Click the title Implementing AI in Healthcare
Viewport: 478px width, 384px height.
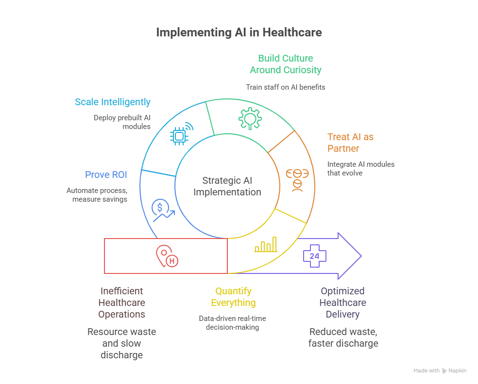pos(239,32)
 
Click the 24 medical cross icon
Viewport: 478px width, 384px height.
pos(314,256)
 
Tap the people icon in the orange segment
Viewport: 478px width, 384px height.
pos(297,180)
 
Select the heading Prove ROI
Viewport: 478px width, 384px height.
pos(106,175)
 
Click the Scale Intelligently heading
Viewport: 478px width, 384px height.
pos(113,102)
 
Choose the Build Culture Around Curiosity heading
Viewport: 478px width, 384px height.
pos(286,64)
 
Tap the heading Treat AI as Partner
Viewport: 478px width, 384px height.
pos(350,143)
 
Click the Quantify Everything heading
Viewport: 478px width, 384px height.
pos(233,297)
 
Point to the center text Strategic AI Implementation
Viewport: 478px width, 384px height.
pos(227,186)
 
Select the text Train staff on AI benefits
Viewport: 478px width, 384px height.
pos(286,87)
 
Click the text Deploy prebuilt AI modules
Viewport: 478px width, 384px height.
pos(122,122)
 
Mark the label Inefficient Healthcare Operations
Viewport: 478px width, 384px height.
pos(121,303)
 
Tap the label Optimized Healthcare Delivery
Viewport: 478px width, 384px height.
pos(343,303)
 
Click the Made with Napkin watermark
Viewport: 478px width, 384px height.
pos(440,370)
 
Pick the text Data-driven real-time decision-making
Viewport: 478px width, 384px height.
pos(233,323)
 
